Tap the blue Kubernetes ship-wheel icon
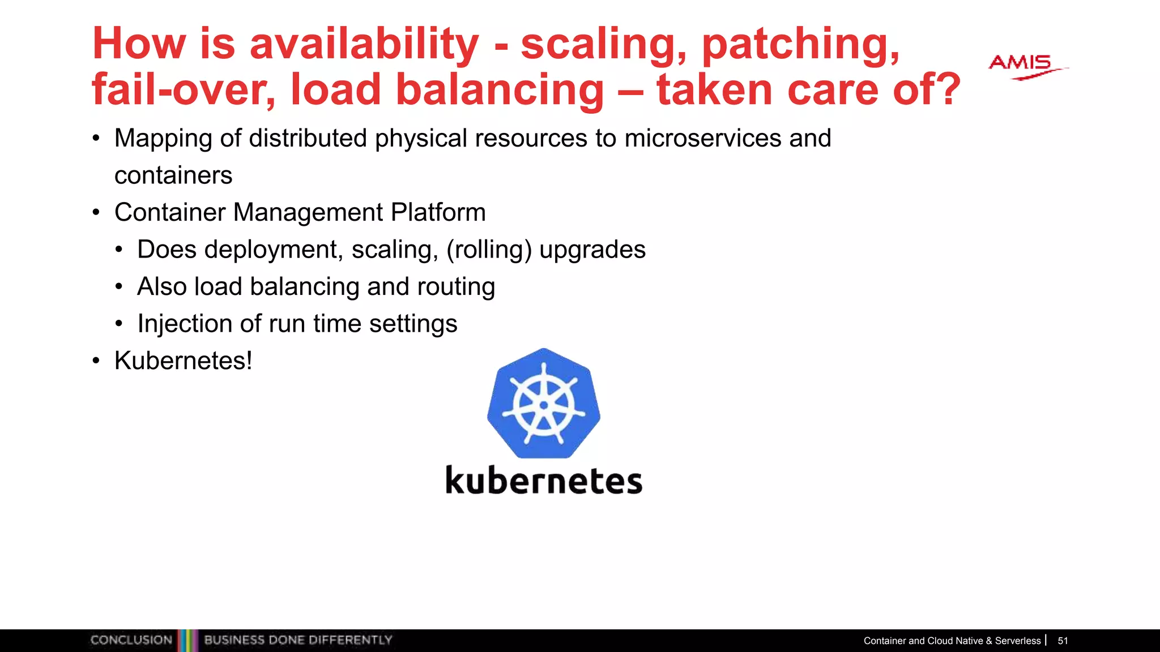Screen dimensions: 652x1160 click(544, 404)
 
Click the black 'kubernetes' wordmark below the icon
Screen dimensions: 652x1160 click(544, 481)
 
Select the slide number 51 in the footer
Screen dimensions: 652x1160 click(1063, 641)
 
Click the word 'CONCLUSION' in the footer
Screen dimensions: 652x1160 click(131, 640)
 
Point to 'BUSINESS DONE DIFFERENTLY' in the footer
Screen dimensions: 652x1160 click(298, 640)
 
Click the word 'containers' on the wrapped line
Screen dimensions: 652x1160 click(173, 175)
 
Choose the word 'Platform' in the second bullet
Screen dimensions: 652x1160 click(438, 213)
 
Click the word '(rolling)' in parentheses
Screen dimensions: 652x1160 click(489, 250)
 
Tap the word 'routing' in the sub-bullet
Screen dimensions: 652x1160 click(456, 286)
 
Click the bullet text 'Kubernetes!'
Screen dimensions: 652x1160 click(183, 361)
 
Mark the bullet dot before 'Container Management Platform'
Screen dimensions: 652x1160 click(96, 213)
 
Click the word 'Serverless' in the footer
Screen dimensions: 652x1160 click(1018, 641)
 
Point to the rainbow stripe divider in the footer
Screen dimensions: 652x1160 click(188, 640)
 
